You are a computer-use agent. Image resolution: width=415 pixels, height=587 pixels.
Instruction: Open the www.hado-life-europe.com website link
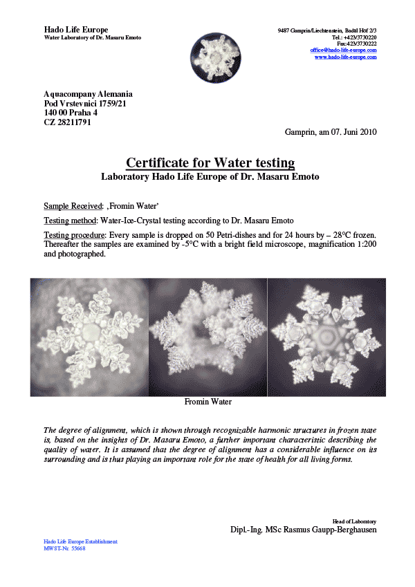coord(345,57)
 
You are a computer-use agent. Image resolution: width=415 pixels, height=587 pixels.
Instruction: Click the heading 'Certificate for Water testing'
coord(210,163)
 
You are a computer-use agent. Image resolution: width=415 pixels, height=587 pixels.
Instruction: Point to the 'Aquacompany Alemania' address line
coord(88,94)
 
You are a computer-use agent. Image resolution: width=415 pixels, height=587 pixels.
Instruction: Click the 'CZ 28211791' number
coord(68,122)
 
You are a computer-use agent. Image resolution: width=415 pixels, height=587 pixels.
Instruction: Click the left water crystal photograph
coord(89,337)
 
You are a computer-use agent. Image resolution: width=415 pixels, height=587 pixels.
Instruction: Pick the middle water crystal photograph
coord(207,337)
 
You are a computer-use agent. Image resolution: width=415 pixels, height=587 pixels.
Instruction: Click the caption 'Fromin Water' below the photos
coord(207,402)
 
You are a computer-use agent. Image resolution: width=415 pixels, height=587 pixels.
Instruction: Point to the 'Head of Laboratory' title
coord(355,521)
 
